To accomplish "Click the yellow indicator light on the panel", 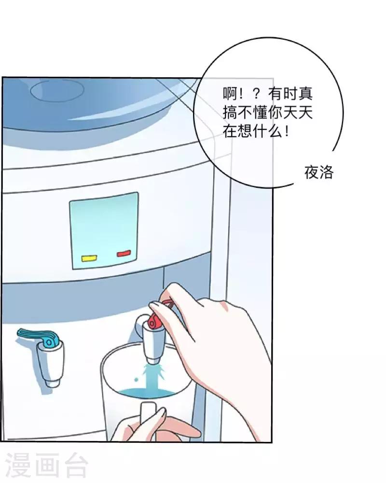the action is (x=89, y=258).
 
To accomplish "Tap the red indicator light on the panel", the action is (x=124, y=254).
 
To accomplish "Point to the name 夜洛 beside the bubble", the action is (x=319, y=172).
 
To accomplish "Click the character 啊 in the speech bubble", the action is (x=230, y=93).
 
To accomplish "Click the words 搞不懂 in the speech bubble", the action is (x=245, y=113).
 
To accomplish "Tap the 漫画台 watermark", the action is (x=47, y=465).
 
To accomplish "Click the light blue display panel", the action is (x=104, y=231).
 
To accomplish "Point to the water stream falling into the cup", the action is (x=152, y=377).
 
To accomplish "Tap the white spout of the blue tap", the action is (x=51, y=364).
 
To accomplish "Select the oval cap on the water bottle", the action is (x=57, y=90).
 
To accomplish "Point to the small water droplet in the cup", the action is (x=136, y=380).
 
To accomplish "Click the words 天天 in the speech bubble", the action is (x=297, y=113).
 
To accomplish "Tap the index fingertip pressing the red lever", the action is (x=153, y=306).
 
